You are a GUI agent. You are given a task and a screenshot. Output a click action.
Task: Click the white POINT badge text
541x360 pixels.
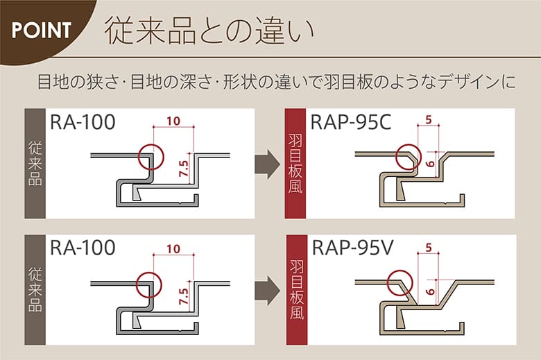[x=42, y=30]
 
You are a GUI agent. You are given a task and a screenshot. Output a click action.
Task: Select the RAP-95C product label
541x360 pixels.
[x=351, y=123]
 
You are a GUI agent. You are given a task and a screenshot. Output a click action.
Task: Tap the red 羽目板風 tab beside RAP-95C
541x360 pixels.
[x=295, y=164]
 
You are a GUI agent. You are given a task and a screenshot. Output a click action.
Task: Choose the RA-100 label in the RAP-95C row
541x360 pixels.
[x=83, y=123]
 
